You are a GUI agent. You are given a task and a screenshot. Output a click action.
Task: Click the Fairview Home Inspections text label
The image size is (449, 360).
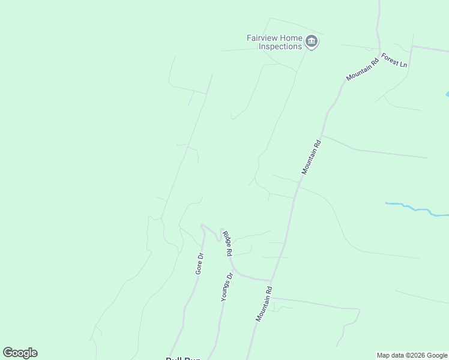point(274,42)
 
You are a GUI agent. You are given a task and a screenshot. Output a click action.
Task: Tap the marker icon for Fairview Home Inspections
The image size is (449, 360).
point(311,41)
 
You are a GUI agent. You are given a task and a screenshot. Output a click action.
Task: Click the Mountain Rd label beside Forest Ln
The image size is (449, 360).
point(363,68)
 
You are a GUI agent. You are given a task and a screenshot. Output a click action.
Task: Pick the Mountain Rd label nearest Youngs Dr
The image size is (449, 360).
point(264,304)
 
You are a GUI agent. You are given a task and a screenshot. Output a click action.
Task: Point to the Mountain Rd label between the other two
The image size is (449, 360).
point(312,157)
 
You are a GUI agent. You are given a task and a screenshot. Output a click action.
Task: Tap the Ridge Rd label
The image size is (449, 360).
point(227,244)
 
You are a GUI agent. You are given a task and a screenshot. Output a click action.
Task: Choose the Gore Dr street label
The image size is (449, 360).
point(200,263)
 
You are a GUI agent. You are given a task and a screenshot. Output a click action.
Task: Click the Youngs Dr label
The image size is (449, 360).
point(226,287)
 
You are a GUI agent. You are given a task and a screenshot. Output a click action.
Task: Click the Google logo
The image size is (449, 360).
point(20,353)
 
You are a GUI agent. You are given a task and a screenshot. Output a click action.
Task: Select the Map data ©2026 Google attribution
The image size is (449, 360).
point(412,355)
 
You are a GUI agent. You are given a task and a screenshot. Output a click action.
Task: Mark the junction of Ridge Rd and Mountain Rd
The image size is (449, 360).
point(271,280)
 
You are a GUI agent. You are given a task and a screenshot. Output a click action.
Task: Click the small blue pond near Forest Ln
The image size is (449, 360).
point(447,94)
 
